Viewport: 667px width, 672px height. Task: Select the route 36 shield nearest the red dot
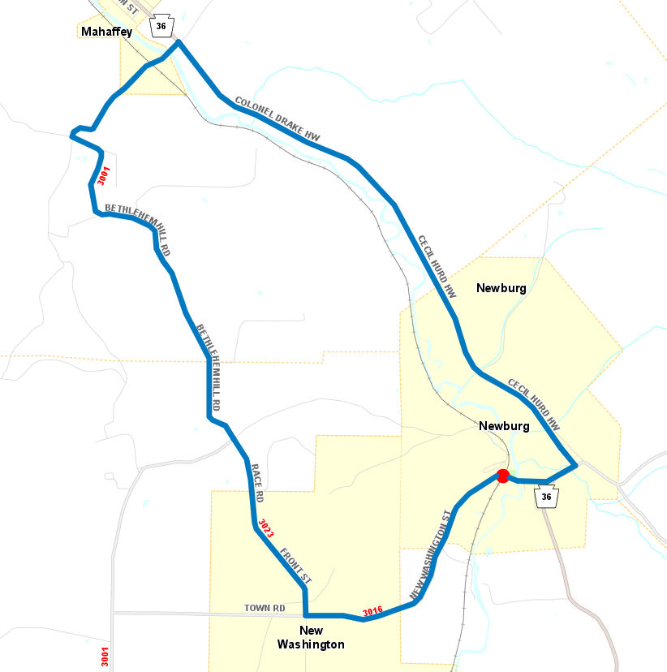[x=546, y=497]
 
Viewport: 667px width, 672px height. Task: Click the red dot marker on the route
[x=502, y=476]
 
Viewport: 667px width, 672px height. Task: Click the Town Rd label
[x=265, y=608]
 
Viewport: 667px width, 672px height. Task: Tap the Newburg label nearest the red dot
[x=504, y=426]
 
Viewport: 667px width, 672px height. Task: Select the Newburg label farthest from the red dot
[x=501, y=288]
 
